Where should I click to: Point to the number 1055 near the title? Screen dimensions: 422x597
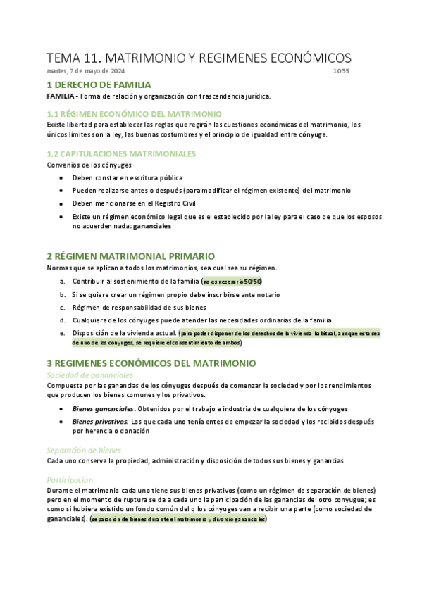click(341, 71)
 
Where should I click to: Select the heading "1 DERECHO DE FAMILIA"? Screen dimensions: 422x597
click(99, 84)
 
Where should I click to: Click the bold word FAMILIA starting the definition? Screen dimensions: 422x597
click(61, 96)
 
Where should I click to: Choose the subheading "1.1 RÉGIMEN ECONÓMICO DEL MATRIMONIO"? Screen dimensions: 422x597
click(134, 113)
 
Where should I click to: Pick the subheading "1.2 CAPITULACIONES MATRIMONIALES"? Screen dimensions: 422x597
click(121, 153)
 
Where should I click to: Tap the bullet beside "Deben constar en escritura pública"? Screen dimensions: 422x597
click(62, 178)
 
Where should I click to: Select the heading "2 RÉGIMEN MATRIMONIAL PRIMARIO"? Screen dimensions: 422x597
click(130, 256)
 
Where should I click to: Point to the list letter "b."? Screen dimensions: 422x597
click(63, 294)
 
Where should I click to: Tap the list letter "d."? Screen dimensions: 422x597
click(63, 320)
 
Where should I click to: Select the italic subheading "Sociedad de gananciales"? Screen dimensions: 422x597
click(89, 375)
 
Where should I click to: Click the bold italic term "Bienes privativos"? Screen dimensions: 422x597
click(100, 421)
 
